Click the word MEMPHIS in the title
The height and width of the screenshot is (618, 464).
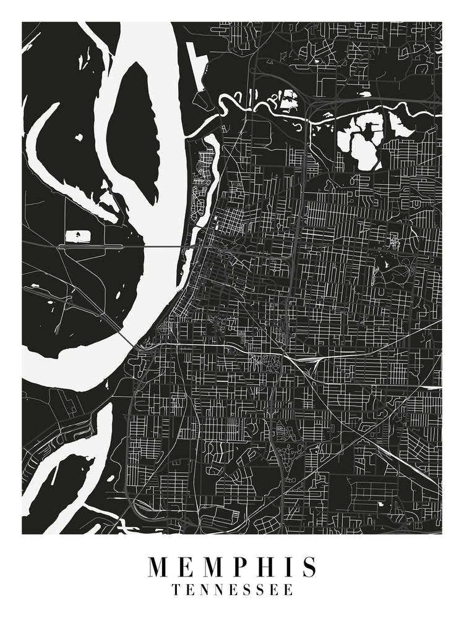(232, 567)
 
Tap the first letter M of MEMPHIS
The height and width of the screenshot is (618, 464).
(159, 567)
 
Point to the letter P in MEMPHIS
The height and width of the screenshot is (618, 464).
(231, 567)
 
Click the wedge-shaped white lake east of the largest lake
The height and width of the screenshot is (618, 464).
(399, 127)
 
